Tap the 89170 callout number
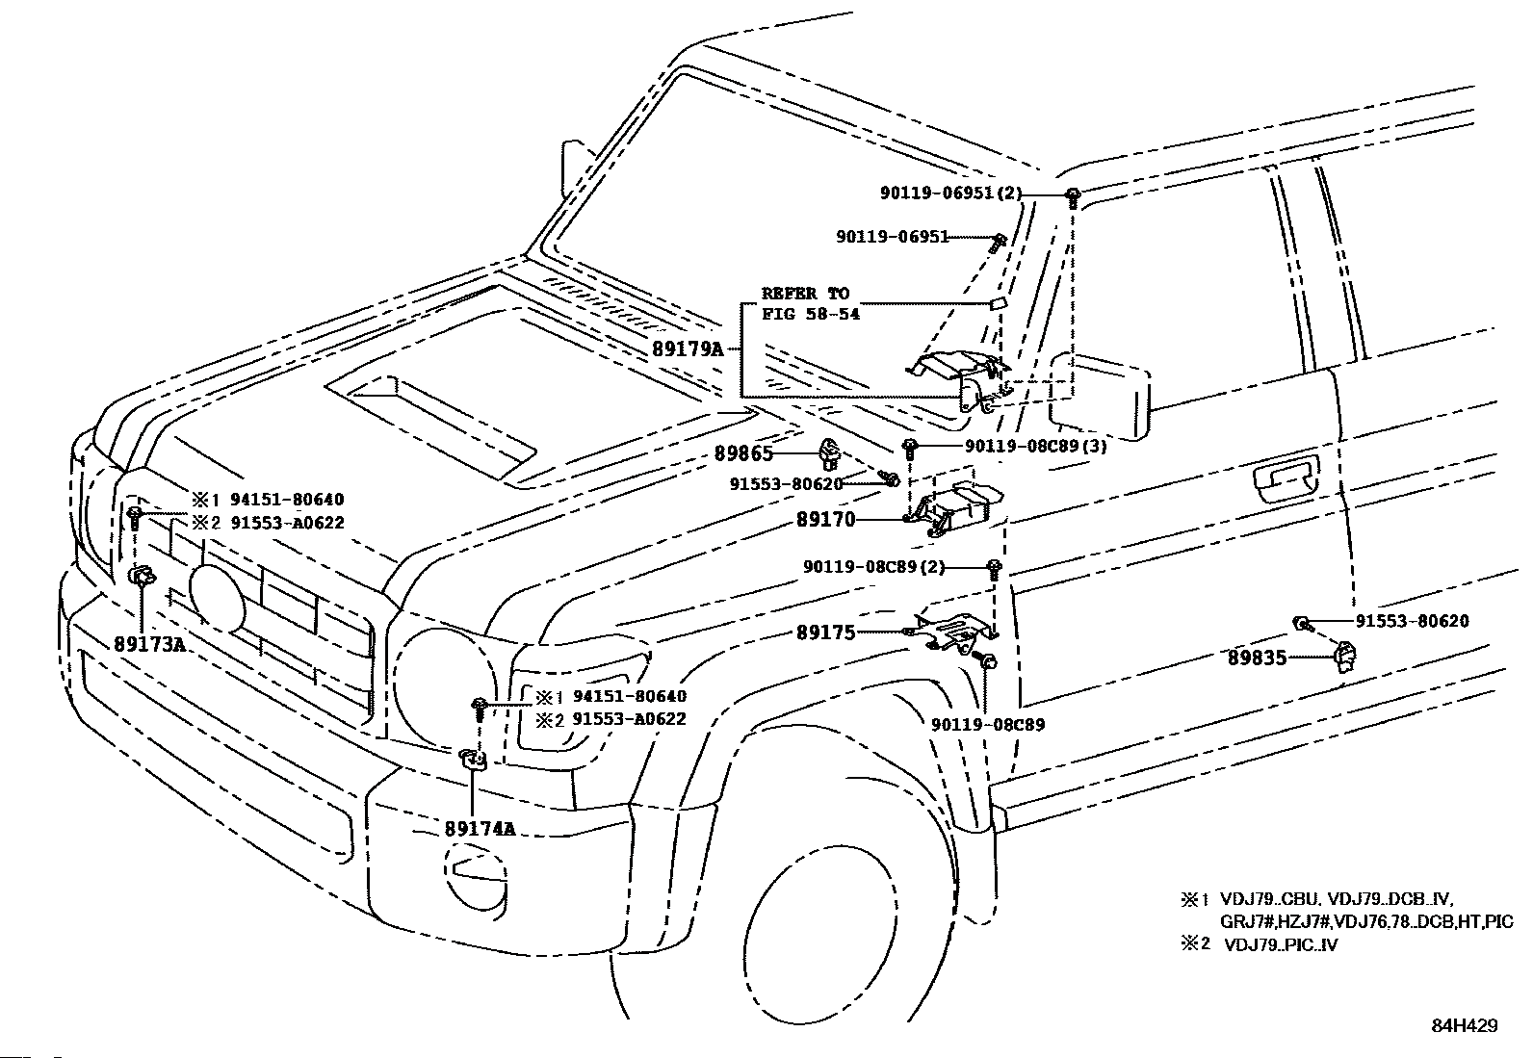pyautogui.click(x=826, y=521)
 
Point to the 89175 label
pyautogui.click(x=826, y=632)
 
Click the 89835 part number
pyautogui.click(x=1257, y=658)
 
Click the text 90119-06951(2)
pyautogui.click(x=949, y=194)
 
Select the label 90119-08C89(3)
pyautogui.click(x=1035, y=446)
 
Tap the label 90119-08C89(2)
pyautogui.click(x=873, y=567)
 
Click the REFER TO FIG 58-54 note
pyautogui.click(x=806, y=303)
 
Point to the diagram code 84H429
pyautogui.click(x=1463, y=1026)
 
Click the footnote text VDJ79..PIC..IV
pyautogui.click(x=1280, y=944)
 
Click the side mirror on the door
pyautogui.click(x=1100, y=395)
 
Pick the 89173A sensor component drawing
pyautogui.click(x=142, y=577)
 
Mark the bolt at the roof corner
pyautogui.click(x=1073, y=195)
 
